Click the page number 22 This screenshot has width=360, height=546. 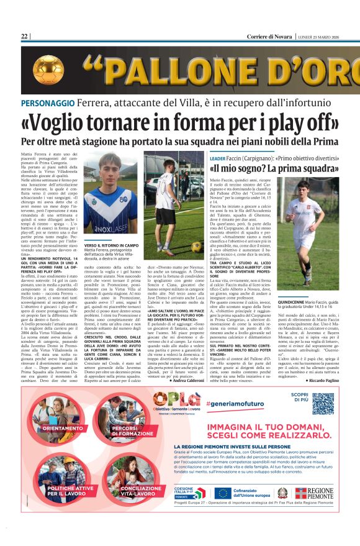pos(24,37)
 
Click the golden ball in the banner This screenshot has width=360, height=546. pos(48,70)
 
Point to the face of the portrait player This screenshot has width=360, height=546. pos(110,171)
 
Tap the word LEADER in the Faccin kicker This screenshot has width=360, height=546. pos(217,158)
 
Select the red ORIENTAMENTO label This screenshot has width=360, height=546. pos(63,428)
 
